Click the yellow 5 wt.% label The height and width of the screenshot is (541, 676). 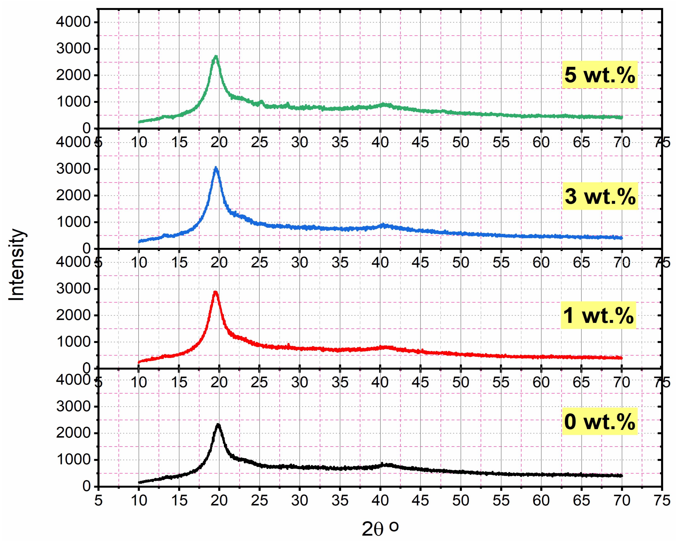coord(599,75)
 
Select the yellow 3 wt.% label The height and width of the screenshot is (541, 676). coord(600,196)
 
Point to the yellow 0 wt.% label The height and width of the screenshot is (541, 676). coord(599,421)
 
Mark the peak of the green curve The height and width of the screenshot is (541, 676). coord(215,57)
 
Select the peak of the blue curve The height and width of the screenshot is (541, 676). coord(215,169)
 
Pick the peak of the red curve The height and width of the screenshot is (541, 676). coord(215,292)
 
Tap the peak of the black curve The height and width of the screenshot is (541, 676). coord(218,425)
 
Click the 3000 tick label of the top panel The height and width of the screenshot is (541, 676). coord(73,49)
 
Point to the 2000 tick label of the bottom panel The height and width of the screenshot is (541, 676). coord(73,433)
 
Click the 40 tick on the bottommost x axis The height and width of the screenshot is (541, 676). coord(380,500)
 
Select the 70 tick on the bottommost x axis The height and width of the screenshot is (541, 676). coord(622,500)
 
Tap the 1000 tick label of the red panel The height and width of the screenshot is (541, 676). coord(73,342)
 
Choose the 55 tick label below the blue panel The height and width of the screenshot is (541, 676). coord(501,263)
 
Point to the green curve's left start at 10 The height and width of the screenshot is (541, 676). coord(139,122)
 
